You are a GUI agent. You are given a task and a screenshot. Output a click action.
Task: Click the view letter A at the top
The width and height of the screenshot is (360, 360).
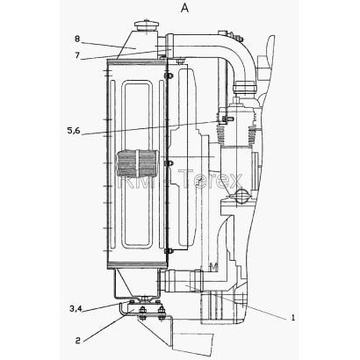tap(184, 8)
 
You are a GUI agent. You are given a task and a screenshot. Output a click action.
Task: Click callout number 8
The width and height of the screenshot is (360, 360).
tap(77, 39)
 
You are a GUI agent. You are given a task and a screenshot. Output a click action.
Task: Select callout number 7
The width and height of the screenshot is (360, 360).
tap(77, 54)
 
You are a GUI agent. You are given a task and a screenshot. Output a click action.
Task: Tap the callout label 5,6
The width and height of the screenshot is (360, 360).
tap(74, 130)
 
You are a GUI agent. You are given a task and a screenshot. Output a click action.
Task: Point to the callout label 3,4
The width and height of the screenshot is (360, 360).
tap(76, 308)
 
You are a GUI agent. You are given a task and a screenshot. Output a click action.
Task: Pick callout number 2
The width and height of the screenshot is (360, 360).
tap(77, 340)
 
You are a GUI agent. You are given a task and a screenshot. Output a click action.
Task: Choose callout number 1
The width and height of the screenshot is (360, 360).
tap(293, 318)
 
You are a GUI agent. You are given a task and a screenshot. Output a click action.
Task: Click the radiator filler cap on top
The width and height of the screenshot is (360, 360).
tap(146, 25)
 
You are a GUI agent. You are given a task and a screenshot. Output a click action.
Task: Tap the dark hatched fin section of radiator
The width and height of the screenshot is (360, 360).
tap(138, 163)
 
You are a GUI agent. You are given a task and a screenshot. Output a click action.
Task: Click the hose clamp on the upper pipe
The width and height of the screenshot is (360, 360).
tap(245, 88)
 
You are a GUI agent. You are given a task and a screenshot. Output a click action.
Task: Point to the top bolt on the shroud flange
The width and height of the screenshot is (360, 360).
tap(169, 76)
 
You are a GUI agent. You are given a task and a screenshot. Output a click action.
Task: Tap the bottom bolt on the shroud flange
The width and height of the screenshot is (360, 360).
tap(169, 251)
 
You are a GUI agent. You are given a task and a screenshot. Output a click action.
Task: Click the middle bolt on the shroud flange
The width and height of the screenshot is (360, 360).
tap(169, 163)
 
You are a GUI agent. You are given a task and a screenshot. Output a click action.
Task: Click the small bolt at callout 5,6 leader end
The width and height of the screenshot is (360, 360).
tap(225, 119)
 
